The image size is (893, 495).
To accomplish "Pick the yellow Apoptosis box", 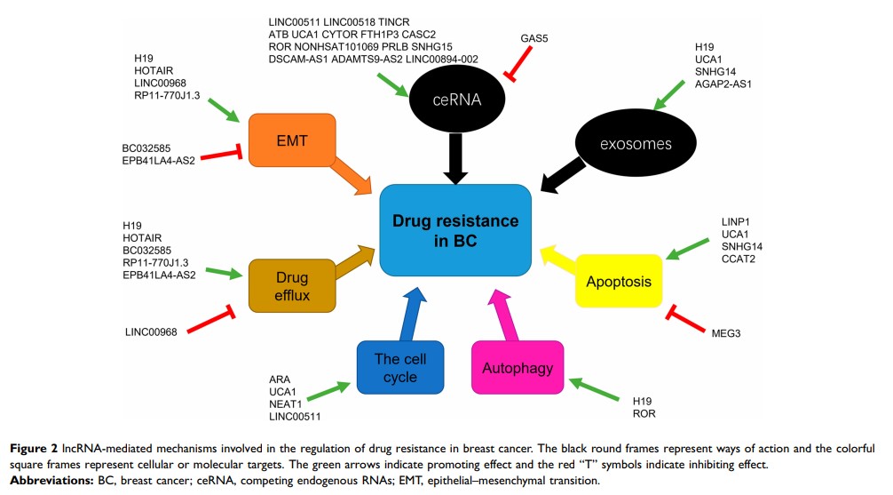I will (620, 282).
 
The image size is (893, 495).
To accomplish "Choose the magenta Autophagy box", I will (518, 367).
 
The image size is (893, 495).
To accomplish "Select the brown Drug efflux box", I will (292, 284).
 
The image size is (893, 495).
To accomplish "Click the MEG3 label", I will (726, 332).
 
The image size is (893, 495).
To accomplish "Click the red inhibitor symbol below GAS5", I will (518, 67).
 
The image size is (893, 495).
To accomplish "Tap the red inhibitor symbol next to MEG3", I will (684, 316).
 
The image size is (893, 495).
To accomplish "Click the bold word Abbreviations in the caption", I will (43, 481).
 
